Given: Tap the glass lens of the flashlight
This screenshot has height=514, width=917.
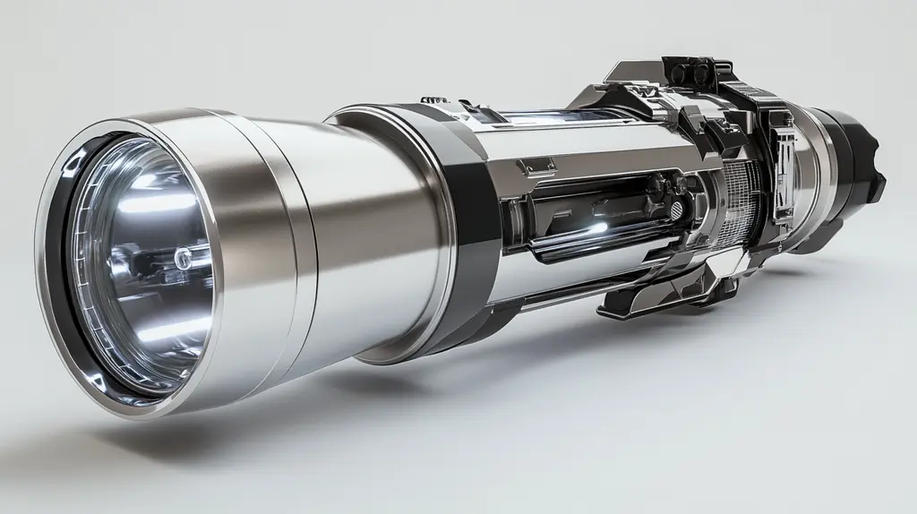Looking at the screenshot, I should pyautogui.click(x=143, y=269).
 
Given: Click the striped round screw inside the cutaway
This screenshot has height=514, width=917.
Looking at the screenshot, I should pyautogui.click(x=678, y=209).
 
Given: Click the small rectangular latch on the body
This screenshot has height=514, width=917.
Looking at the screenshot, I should pyautogui.click(x=537, y=166).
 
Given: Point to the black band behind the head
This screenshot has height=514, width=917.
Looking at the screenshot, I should pyautogui.click(x=475, y=296).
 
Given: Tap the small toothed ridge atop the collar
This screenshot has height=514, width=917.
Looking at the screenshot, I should pyautogui.click(x=434, y=100).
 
